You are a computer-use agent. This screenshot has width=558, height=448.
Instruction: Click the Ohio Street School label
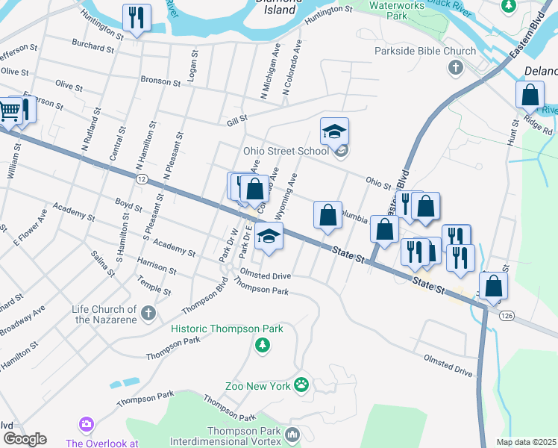point(286,151)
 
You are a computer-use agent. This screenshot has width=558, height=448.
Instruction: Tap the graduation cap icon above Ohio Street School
point(335,131)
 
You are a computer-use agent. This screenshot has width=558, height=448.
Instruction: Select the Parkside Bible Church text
point(424,52)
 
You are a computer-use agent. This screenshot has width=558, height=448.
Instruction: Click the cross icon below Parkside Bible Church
point(454,69)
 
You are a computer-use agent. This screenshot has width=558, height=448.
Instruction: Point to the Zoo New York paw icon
point(301,385)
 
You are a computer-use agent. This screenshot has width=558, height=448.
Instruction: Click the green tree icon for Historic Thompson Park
point(262,345)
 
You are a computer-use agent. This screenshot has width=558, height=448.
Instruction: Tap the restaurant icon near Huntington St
point(137,17)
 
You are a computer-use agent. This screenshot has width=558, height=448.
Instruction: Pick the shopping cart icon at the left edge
point(8,111)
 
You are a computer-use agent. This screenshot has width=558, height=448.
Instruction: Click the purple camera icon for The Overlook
point(87,424)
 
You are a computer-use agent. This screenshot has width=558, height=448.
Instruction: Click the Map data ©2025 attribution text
point(526,442)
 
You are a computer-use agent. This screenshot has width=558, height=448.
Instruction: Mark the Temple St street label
point(154,284)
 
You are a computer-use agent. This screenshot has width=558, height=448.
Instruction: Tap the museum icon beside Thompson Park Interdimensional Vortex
point(292,434)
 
